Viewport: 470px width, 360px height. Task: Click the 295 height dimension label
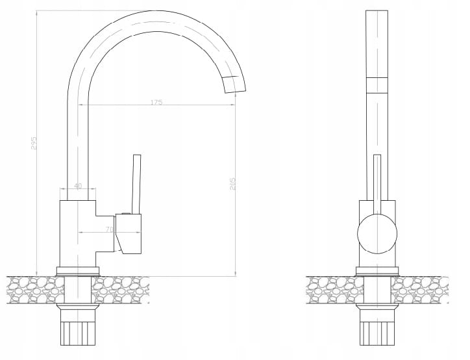(34, 144)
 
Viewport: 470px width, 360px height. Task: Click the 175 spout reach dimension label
(156, 102)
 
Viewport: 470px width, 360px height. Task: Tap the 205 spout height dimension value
(233, 184)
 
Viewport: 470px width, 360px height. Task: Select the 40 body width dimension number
(78, 186)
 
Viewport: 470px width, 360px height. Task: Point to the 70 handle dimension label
(110, 229)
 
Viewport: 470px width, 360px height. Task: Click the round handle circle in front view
(377, 234)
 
